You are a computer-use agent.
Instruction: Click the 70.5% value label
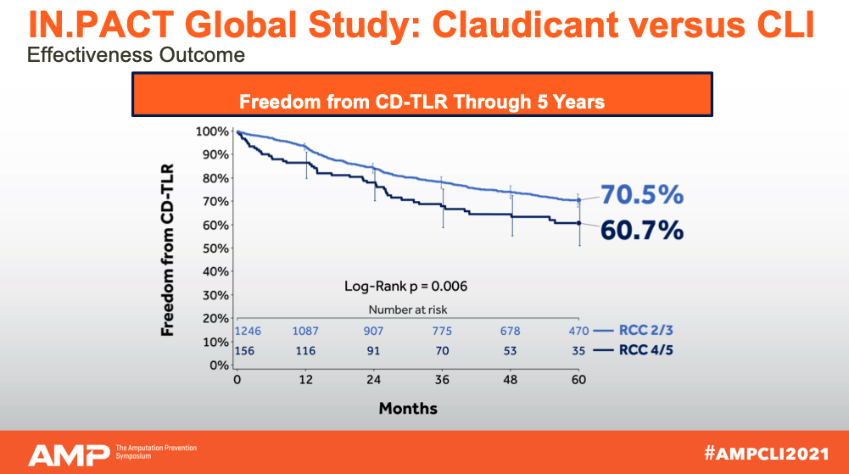coord(642,196)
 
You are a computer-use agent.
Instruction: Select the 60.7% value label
coord(642,230)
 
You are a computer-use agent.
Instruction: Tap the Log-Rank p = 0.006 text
coord(405,286)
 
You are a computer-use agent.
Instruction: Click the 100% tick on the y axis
coord(212,131)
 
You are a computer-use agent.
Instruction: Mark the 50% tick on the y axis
coord(215,248)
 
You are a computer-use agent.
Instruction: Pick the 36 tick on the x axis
coord(442,380)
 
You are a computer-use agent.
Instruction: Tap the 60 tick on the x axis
coord(578,380)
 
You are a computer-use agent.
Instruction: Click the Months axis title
coord(408,409)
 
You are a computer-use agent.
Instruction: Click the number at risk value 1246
coord(248,331)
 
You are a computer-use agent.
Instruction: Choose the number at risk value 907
coord(374,331)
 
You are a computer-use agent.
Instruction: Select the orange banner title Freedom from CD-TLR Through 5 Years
coord(422,102)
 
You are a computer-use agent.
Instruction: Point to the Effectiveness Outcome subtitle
coord(137,56)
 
